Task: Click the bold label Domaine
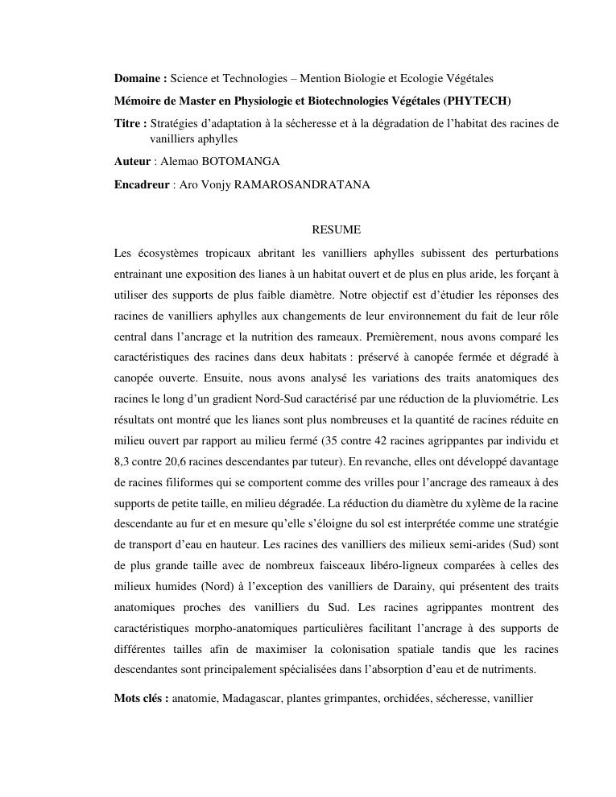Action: (138, 79)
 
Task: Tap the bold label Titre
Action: (129, 123)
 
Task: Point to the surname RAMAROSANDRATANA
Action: (302, 184)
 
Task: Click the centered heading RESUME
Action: (336, 230)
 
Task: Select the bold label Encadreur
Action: (142, 184)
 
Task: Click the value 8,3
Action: (122, 461)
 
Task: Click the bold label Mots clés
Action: (141, 698)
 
